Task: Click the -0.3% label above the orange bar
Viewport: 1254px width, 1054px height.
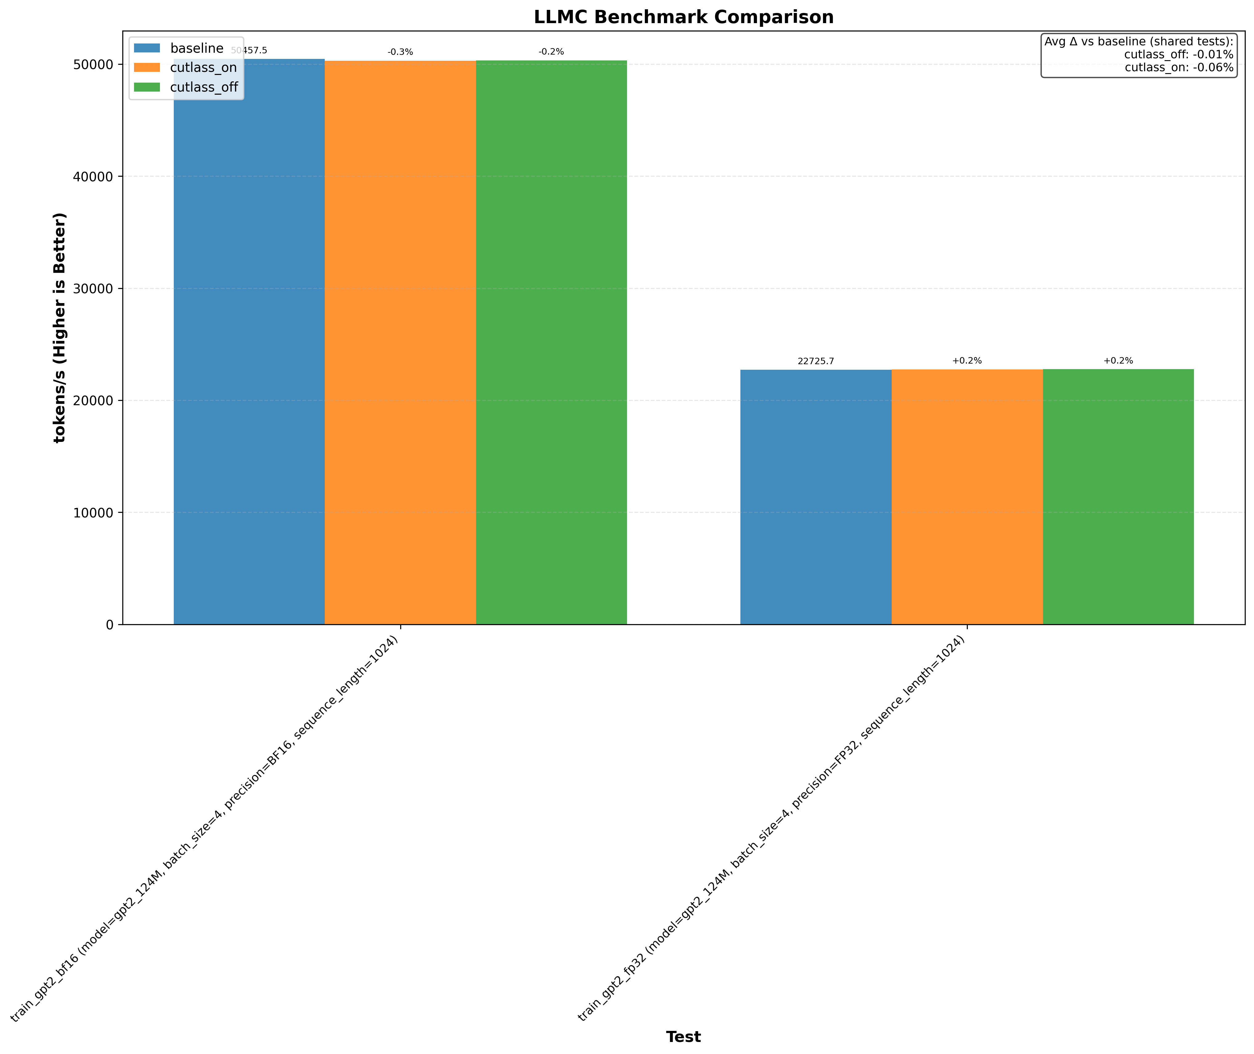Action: click(x=400, y=52)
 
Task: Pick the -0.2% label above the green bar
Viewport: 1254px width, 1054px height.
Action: click(x=551, y=52)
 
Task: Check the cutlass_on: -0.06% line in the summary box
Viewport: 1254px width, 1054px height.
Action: click(x=1179, y=68)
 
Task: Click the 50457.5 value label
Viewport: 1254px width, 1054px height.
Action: click(x=249, y=51)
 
